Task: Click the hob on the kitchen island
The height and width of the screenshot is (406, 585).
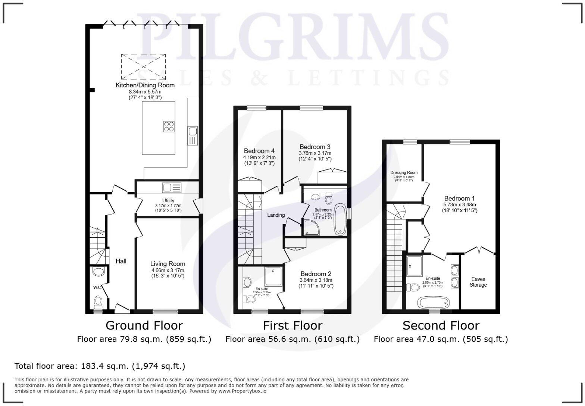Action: point(169,127)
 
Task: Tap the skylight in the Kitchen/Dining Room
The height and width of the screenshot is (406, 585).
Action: point(143,66)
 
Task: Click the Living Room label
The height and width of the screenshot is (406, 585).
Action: point(168,264)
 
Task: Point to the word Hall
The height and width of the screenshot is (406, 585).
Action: point(121,261)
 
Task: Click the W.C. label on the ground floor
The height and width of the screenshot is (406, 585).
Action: point(97,287)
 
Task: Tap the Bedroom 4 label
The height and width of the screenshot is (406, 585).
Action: point(259,151)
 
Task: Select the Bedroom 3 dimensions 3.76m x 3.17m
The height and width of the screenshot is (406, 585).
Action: point(315,153)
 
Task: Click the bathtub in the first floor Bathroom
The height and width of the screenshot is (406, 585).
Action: point(340,219)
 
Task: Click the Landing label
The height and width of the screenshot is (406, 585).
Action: point(276,215)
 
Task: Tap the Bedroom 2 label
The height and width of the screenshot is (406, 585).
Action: point(316,274)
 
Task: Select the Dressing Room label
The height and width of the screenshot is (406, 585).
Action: point(404,173)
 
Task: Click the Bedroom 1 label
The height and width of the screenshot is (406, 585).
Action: point(459,198)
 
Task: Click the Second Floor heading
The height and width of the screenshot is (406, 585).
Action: point(441,326)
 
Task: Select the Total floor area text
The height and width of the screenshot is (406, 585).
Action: point(100,366)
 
